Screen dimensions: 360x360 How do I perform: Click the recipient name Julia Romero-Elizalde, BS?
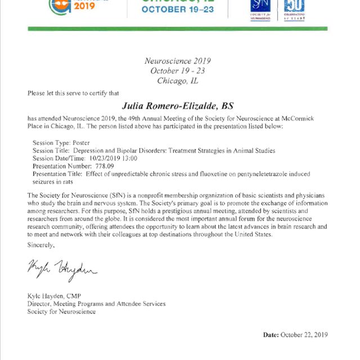[x=177, y=105]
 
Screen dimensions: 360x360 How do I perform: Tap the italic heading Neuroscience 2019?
[x=177, y=61]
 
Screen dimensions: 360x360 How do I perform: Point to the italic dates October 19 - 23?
[x=177, y=71]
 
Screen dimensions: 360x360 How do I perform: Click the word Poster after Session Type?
[x=81, y=143]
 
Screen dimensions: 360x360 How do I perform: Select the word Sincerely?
[x=41, y=245]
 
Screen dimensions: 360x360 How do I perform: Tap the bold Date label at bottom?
[x=271, y=335]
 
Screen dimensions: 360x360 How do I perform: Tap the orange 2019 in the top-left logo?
[x=84, y=6]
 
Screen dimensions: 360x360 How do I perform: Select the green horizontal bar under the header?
[x=177, y=29]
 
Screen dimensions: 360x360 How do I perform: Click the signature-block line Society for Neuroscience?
[x=61, y=312]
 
